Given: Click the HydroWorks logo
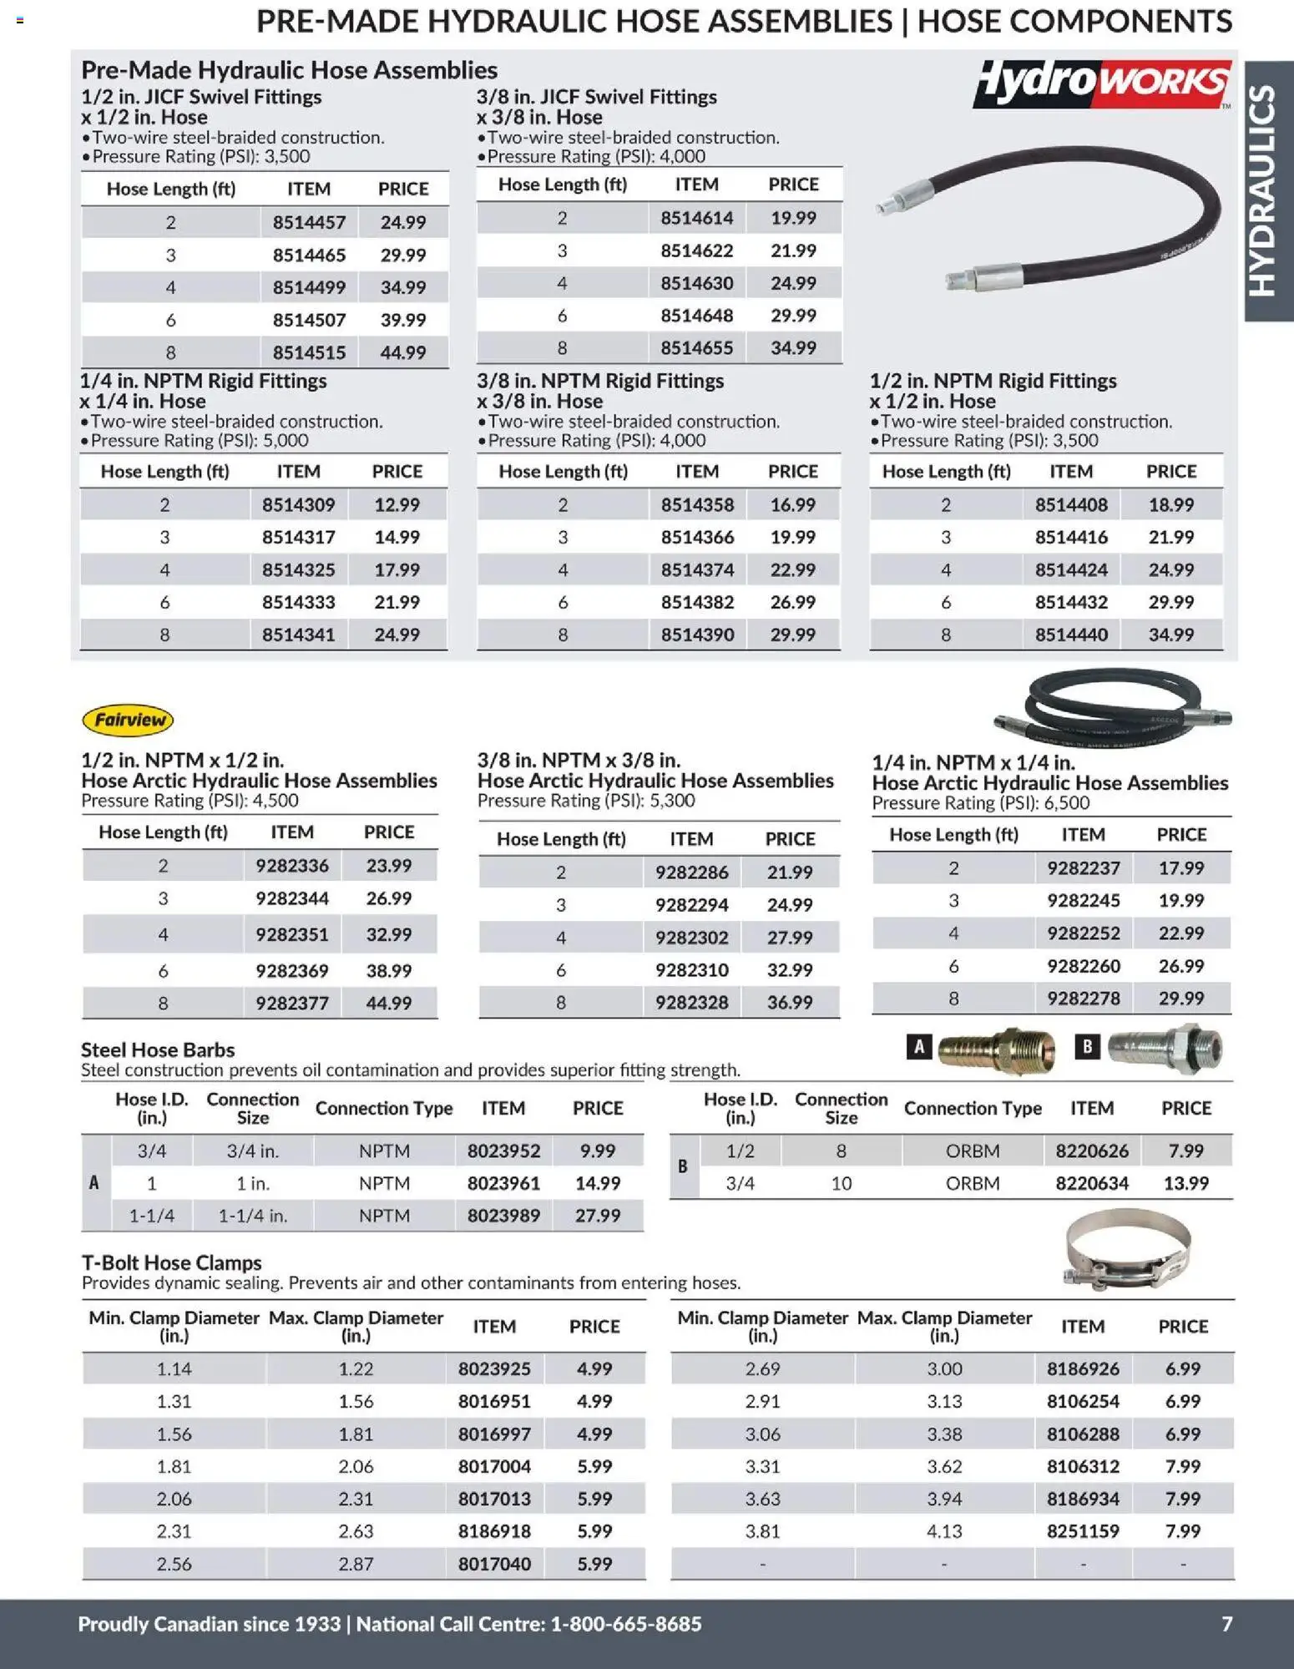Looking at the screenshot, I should [x=1100, y=83].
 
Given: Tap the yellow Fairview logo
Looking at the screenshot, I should [x=128, y=720].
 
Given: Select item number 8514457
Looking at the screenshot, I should [x=308, y=222].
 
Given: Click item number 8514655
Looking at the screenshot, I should [x=696, y=347].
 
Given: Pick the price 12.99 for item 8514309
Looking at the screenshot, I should [x=397, y=504].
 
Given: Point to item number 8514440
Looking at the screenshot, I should [x=1071, y=635].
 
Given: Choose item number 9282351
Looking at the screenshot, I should [x=291, y=934].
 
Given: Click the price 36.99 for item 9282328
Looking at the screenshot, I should [x=789, y=1002].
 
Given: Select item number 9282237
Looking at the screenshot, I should [x=1083, y=868].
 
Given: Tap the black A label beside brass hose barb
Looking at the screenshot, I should [x=919, y=1047].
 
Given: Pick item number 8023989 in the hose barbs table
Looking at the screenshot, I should [x=503, y=1216].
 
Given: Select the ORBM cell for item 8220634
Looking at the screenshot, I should [x=973, y=1183].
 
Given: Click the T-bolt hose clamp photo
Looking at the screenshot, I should [x=1126, y=1251].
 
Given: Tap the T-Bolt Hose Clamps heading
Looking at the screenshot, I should [x=171, y=1262].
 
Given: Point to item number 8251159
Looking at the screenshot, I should [x=1083, y=1531].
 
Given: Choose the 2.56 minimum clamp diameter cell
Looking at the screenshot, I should [x=174, y=1564].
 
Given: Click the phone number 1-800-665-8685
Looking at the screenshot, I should [x=626, y=1624].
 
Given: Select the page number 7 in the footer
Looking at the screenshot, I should [x=1226, y=1624].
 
